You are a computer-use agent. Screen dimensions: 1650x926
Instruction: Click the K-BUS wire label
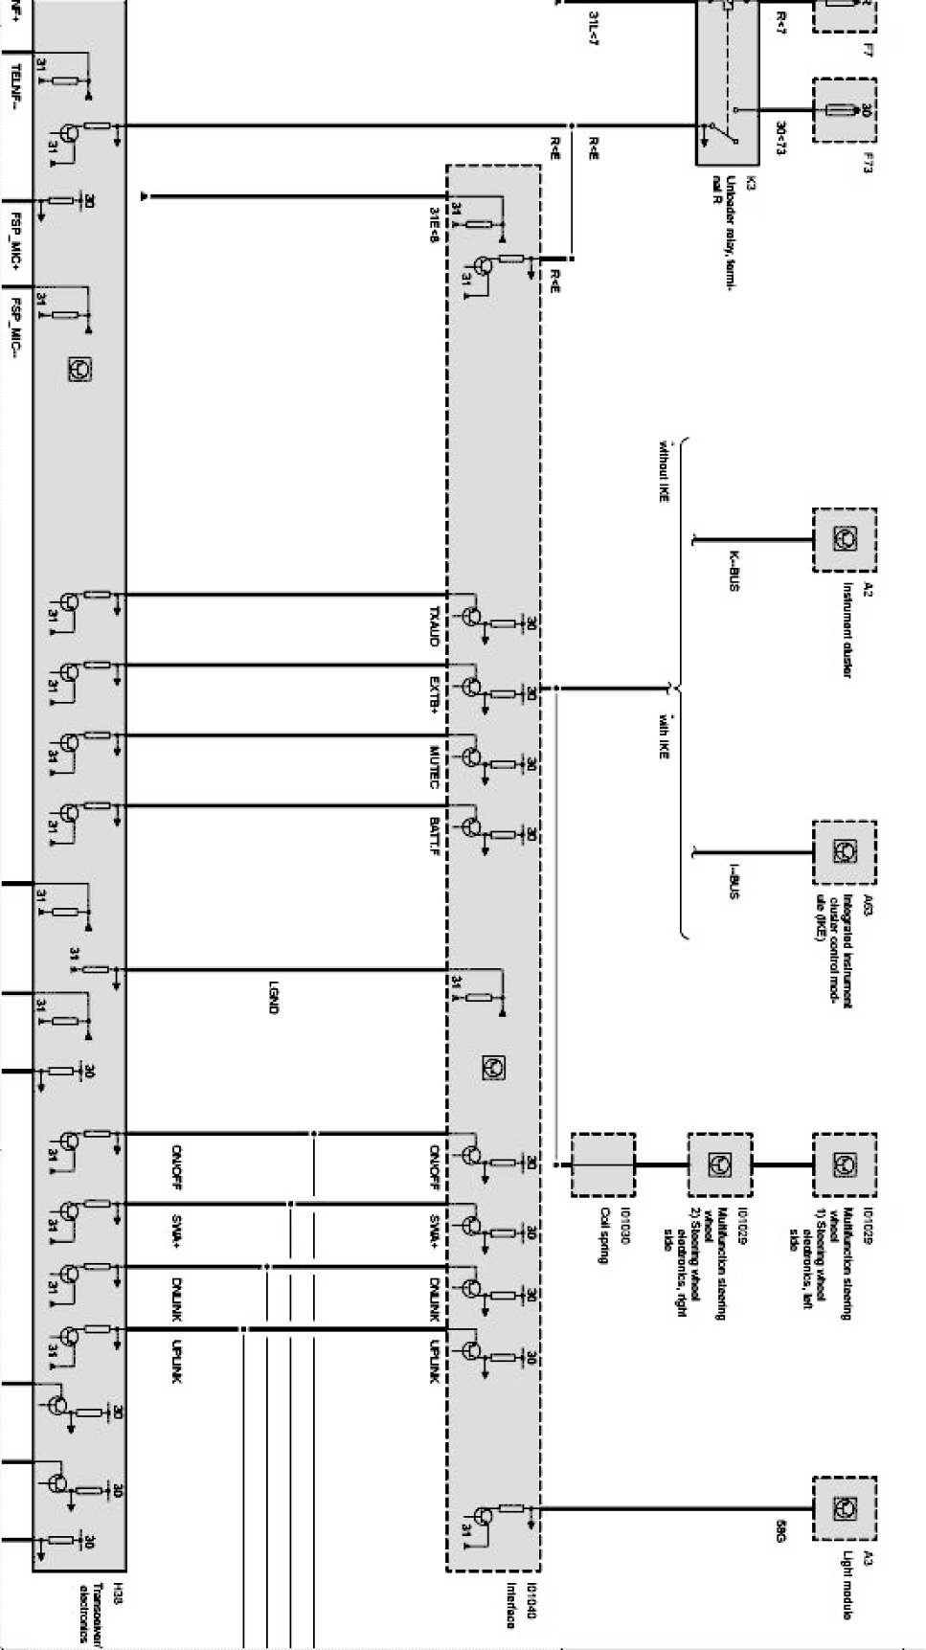click(x=734, y=570)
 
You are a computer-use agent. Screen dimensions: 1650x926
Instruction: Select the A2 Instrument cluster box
click(x=845, y=540)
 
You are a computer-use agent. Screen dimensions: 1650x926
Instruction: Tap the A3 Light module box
click(x=845, y=1508)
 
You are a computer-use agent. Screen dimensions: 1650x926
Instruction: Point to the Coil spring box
click(x=602, y=1164)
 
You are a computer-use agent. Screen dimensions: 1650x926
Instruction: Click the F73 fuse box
click(x=845, y=111)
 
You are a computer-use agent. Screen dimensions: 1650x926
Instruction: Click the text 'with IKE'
click(x=663, y=738)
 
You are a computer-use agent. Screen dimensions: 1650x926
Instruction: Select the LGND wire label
click(x=274, y=997)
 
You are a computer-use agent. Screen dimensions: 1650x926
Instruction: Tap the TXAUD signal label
click(x=434, y=626)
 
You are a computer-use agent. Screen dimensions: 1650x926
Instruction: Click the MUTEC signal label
click(x=434, y=767)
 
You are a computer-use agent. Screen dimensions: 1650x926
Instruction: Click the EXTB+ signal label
click(x=434, y=695)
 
